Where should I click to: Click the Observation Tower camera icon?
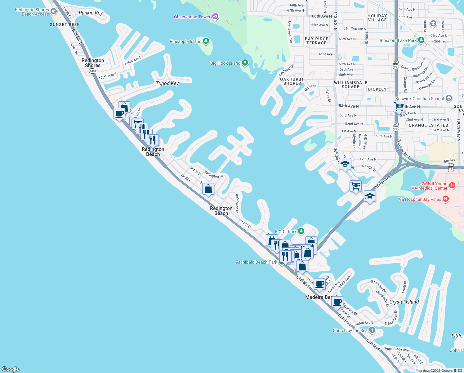[x=215, y=16]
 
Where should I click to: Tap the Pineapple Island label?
[x=185, y=41]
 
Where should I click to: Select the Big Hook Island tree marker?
[x=245, y=63]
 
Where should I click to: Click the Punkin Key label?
[x=91, y=13]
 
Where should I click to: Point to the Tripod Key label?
[x=167, y=83]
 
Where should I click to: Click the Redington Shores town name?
[x=93, y=63]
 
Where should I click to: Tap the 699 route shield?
[x=92, y=71]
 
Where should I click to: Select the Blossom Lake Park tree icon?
[x=421, y=40]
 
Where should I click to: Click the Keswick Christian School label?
[x=420, y=99]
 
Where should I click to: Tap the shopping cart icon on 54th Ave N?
[x=399, y=107]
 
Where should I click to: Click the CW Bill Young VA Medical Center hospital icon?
[x=452, y=186]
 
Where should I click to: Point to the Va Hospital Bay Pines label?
[x=420, y=199]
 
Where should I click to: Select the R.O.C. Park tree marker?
[x=301, y=231]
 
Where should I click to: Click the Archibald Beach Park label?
[x=257, y=262]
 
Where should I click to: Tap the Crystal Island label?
[x=404, y=302]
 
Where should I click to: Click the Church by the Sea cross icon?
[x=372, y=330]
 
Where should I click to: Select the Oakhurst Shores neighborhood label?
[x=292, y=81]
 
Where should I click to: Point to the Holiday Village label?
[x=377, y=18]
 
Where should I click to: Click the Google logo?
[x=11, y=369]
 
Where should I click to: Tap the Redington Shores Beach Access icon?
[x=54, y=12]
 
